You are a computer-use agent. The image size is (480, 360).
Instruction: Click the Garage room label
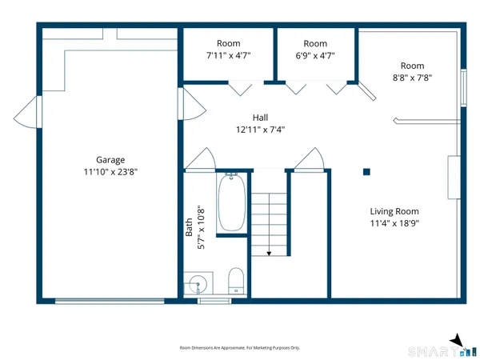coord(110,159)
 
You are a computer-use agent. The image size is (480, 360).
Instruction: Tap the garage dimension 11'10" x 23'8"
coord(110,171)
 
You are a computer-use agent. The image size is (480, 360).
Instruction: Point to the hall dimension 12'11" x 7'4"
coord(260,130)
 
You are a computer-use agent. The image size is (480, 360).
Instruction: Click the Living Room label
coord(394,211)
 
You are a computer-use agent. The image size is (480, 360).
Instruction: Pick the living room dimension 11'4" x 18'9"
coord(394,223)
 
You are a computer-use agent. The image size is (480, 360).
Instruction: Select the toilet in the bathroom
coord(236,281)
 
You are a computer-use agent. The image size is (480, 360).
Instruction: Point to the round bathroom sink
coord(197,284)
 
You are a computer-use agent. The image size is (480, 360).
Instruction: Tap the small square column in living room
coord(366,170)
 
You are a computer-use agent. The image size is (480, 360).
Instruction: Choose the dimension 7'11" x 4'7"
coord(229,55)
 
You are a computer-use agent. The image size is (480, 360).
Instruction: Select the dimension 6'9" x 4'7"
coord(315,55)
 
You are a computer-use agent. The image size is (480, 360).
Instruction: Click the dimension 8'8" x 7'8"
coord(412,78)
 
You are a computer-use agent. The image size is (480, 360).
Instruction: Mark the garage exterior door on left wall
coord(32,111)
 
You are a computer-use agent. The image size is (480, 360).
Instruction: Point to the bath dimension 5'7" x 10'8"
coord(203,228)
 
